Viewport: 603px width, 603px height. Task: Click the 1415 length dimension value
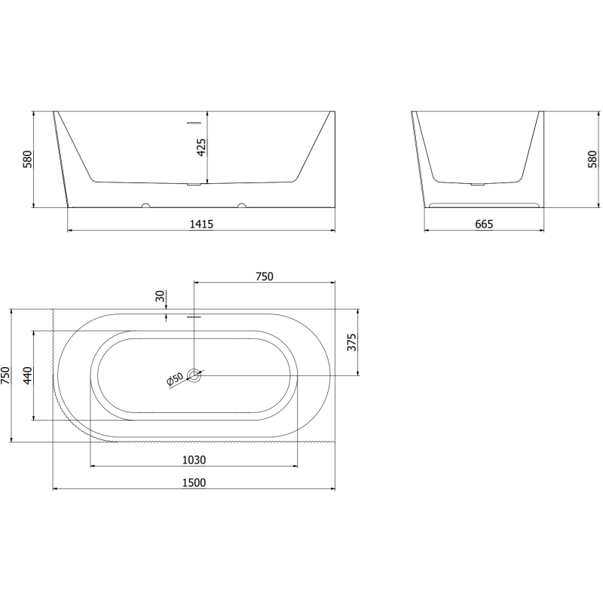202,224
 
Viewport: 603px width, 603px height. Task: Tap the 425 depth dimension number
201,148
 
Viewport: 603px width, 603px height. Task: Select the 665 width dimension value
483,224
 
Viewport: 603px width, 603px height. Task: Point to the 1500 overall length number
194,482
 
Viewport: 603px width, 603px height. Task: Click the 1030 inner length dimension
194,460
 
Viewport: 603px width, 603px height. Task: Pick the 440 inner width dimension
28,375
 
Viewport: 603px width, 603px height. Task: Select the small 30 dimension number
160,296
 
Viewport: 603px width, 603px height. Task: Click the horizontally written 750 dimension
263,277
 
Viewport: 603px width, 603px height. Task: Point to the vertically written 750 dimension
6,375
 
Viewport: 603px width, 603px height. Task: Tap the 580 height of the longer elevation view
28,160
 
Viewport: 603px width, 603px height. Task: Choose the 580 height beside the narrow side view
592,160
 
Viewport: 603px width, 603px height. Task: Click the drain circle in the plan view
194,375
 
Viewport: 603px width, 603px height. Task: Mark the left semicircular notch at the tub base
146,205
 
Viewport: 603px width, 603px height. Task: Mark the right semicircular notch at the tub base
242,205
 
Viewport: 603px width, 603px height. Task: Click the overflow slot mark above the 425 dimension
194,121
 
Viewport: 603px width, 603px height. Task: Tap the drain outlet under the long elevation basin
194,183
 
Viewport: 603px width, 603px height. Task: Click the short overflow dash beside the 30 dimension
194,317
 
